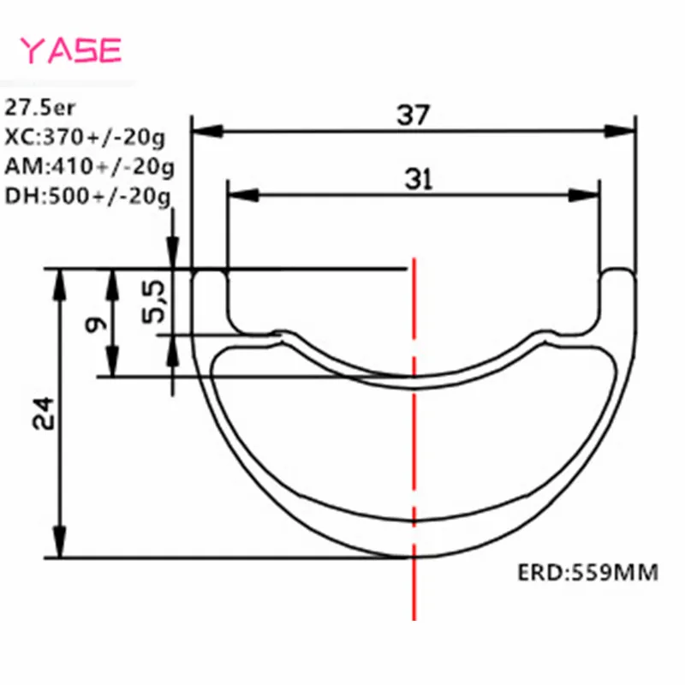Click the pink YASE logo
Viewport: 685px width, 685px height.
pyautogui.click(x=71, y=51)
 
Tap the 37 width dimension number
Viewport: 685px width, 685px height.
pyautogui.click(x=414, y=116)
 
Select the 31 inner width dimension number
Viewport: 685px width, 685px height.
pyautogui.click(x=419, y=179)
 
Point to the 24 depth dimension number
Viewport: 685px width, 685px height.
pyautogui.click(x=44, y=414)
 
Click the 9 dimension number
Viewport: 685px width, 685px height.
pyautogui.click(x=96, y=325)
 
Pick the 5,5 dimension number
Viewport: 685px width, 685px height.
pyautogui.click(x=154, y=301)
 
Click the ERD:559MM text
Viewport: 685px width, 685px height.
pyautogui.click(x=587, y=573)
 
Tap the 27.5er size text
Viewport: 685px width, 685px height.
pyautogui.click(x=39, y=108)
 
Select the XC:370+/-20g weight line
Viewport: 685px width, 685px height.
pyautogui.click(x=85, y=138)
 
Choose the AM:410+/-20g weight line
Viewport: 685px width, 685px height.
pyautogui.click(x=89, y=167)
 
